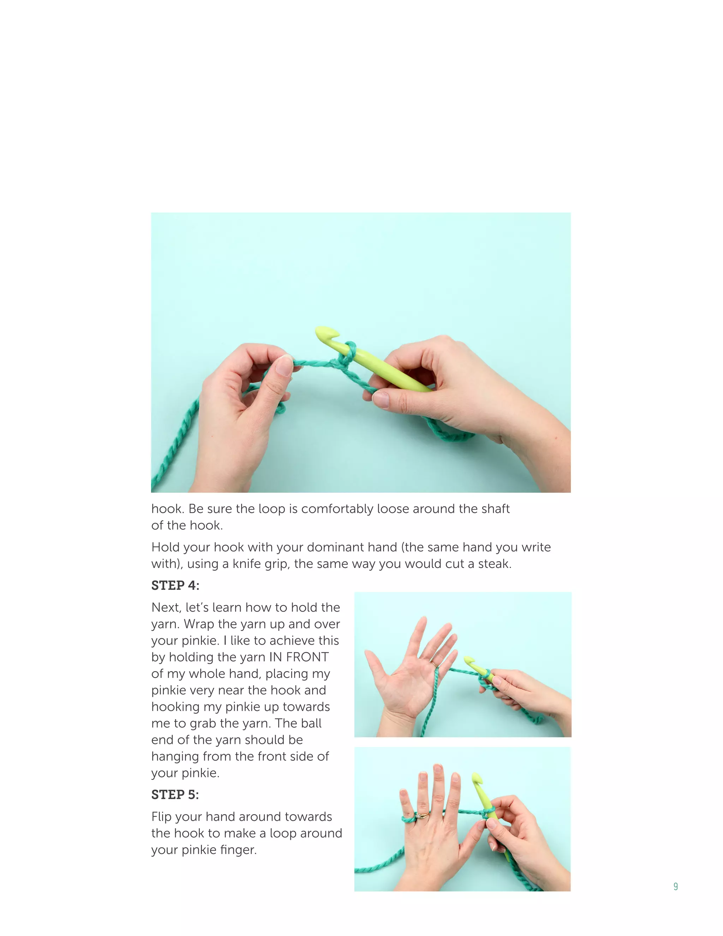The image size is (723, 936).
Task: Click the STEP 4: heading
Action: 175,585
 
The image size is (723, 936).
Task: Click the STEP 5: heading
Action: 175,795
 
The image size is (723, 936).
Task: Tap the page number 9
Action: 675,886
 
